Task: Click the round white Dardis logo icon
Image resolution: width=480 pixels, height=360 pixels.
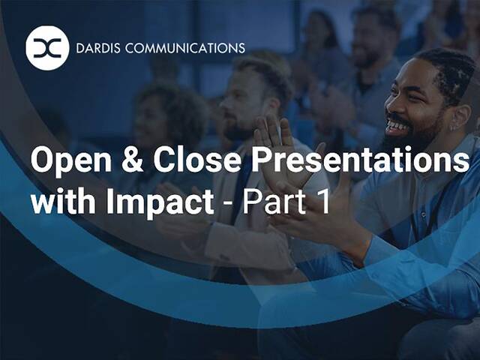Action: pos(46,48)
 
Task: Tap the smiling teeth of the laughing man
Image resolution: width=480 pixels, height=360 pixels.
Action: pos(398,127)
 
